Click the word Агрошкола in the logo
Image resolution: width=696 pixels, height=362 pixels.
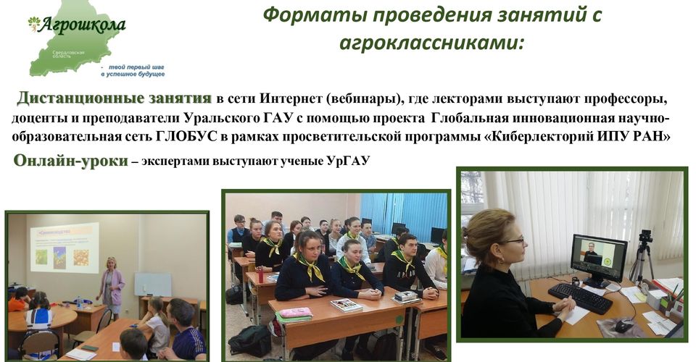tap(81, 25)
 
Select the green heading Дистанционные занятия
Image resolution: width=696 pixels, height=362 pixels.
tap(114, 98)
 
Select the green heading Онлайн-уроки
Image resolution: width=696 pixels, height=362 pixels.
tap(70, 161)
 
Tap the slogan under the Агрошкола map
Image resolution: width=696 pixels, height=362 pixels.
tap(133, 71)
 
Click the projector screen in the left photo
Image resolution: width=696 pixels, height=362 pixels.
tap(65, 248)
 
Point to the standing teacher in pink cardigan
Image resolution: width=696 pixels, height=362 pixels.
tap(112, 286)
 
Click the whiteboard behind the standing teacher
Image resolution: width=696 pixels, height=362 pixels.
tap(153, 285)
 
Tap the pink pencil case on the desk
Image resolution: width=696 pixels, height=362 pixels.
tap(295, 312)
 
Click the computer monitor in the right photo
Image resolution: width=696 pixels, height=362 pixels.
tap(599, 256)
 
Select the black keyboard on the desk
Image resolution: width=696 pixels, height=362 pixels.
tap(581, 298)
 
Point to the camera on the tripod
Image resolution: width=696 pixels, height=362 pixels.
tap(646, 236)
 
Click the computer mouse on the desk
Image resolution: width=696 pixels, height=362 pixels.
tap(623, 326)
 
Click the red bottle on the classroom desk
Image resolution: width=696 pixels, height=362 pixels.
tap(260, 274)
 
